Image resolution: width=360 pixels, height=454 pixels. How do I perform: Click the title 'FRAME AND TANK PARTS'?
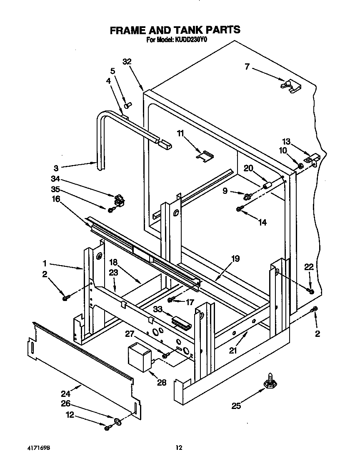pyautogui.click(x=175, y=30)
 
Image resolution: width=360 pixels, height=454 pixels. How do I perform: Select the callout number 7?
pyautogui.click(x=247, y=66)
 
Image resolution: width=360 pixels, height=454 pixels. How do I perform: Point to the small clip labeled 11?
pyautogui.click(x=205, y=156)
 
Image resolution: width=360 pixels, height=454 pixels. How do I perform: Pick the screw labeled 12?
pyautogui.click(x=107, y=428)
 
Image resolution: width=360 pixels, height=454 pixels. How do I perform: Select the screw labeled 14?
pyautogui.click(x=240, y=209)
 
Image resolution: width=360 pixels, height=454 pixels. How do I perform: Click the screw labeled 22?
pyautogui.click(x=310, y=290)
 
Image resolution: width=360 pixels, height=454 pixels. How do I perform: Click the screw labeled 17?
pyautogui.click(x=170, y=299)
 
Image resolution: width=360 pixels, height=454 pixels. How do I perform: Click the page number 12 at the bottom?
pyautogui.click(x=179, y=447)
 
